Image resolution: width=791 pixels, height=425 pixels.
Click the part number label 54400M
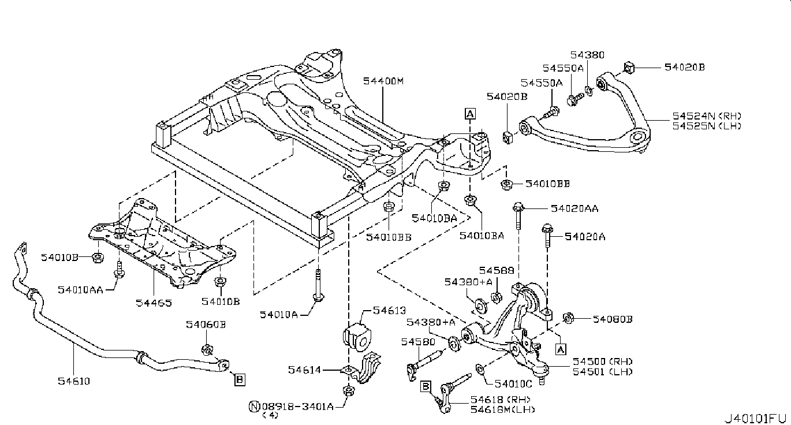point(383,81)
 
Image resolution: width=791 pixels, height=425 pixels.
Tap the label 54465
point(154,302)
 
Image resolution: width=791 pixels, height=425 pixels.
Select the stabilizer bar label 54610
point(74,381)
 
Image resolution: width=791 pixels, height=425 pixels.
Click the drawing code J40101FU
point(756,417)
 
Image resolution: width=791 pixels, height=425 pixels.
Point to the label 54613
point(390,311)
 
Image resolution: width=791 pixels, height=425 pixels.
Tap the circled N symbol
point(253,406)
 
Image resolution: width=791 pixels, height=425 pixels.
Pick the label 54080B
point(613,318)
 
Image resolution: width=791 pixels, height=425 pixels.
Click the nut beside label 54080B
point(568,316)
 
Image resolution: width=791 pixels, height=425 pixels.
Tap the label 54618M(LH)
point(502,409)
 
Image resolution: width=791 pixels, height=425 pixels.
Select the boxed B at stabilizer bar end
point(239,379)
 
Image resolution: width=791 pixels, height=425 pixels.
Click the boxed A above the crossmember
point(470,114)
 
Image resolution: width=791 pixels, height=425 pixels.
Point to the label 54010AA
point(80,290)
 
